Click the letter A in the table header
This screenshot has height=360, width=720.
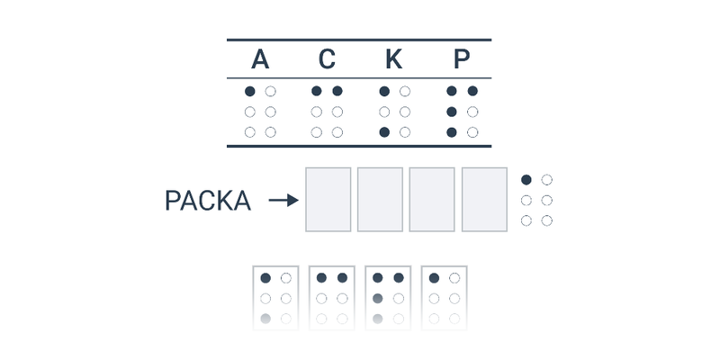click(260, 59)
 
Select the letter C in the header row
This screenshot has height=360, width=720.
click(327, 59)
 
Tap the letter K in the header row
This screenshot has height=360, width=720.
click(394, 59)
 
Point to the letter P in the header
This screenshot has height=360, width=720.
click(462, 59)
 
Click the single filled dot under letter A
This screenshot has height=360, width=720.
click(250, 92)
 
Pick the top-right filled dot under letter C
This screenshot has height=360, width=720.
click(337, 91)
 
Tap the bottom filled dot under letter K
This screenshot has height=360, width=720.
click(384, 132)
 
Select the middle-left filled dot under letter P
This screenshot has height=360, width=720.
click(452, 112)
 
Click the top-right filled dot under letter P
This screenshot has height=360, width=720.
click(472, 91)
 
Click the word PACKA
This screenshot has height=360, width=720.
click(208, 201)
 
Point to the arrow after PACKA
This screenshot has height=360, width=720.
click(283, 200)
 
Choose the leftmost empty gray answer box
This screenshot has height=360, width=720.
click(328, 199)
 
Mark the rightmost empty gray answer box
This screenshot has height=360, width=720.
click(484, 199)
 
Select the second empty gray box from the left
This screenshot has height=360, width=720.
click(380, 199)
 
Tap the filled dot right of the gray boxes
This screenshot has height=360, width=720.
click(526, 179)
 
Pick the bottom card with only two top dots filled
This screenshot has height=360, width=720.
click(331, 298)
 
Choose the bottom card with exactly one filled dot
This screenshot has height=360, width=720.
click(444, 298)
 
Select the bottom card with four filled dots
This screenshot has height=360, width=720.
click(388, 298)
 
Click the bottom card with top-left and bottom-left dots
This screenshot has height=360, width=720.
click(275, 298)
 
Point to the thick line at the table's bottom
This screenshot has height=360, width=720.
click(359, 147)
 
